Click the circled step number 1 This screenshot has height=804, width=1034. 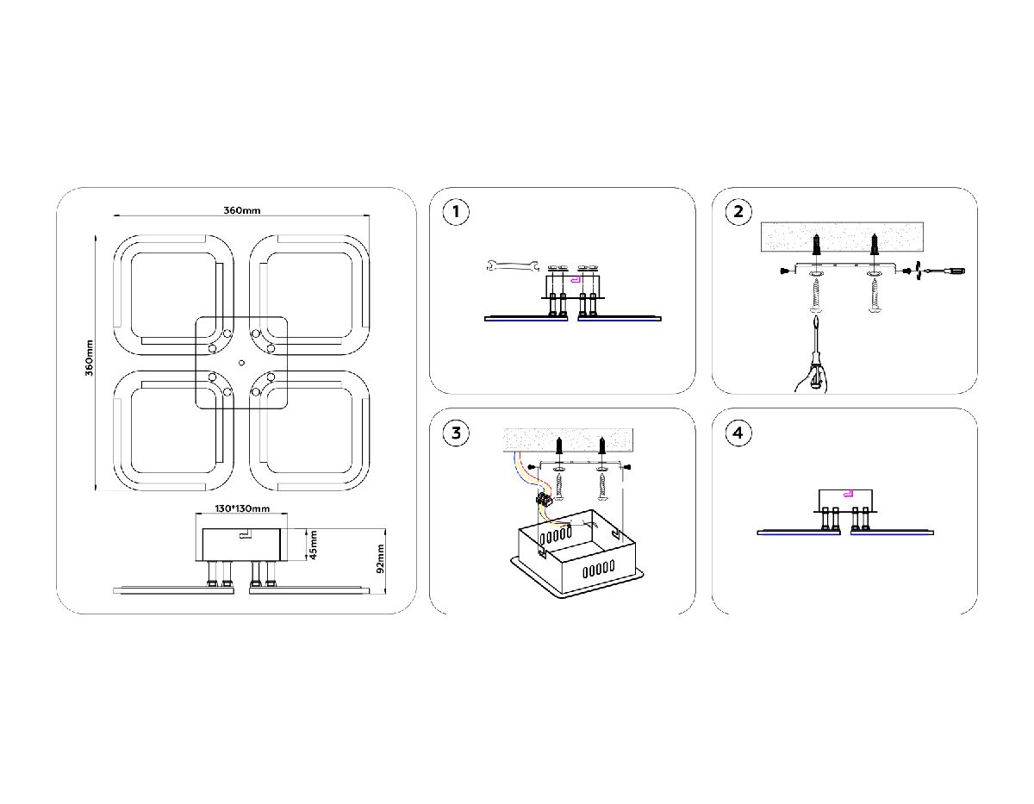(x=457, y=212)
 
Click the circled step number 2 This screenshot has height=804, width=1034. (x=738, y=212)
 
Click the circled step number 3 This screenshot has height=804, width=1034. (x=457, y=433)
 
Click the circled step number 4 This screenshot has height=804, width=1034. (x=738, y=433)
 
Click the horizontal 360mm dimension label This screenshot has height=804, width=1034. (x=242, y=210)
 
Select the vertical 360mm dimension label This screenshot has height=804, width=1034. (x=88, y=362)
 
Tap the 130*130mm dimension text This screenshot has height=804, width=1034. (x=242, y=509)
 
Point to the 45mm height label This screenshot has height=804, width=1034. (x=314, y=545)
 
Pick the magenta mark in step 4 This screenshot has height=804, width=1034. (x=849, y=494)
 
